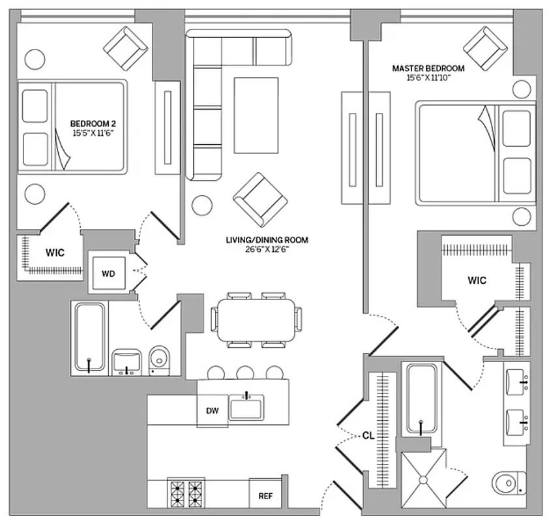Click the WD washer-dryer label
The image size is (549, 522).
tap(108, 273)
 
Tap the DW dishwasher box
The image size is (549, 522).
tap(213, 411)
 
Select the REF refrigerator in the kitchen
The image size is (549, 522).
tap(265, 496)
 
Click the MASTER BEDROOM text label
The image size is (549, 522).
tap(428, 68)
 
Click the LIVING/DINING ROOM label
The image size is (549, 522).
tap(267, 240)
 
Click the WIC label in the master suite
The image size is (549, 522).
tap(477, 281)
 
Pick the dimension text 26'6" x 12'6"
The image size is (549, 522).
tap(267, 249)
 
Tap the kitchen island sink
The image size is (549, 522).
tap(245, 407)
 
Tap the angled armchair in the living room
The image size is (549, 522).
tap(260, 197)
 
